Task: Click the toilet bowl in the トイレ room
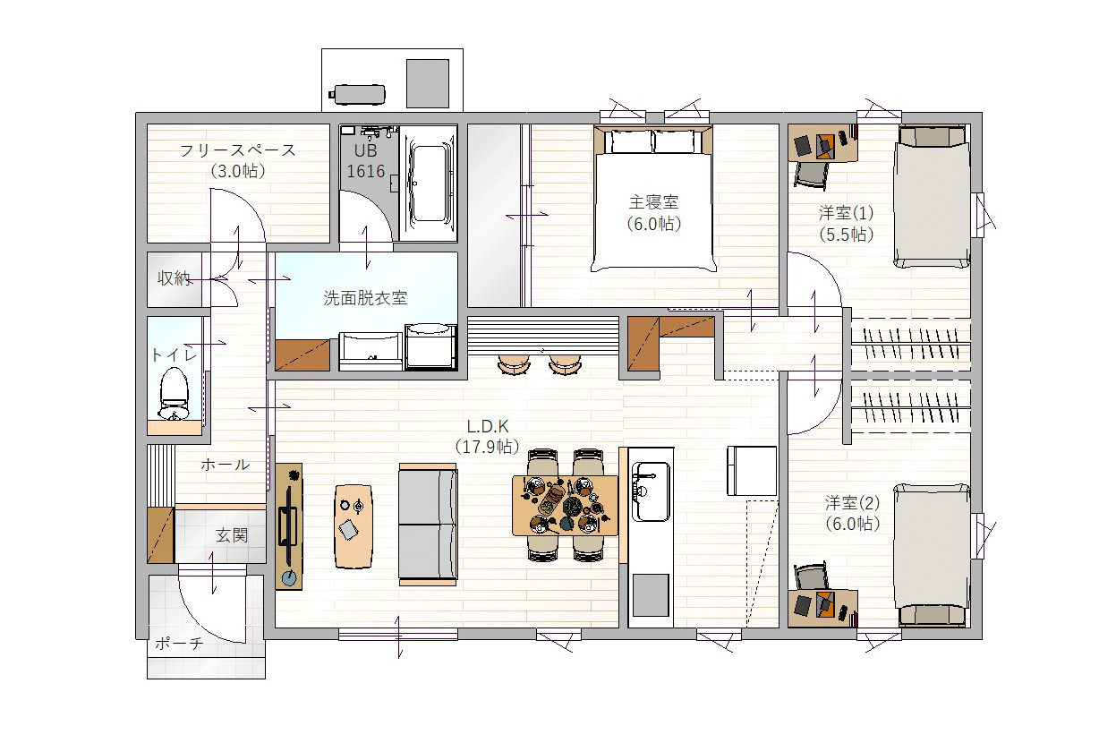(174, 394)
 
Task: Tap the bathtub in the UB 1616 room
(429, 184)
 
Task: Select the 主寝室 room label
(653, 202)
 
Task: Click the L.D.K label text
(488, 427)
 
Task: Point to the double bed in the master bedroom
(653, 200)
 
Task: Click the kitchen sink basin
(650, 491)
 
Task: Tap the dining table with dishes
(565, 505)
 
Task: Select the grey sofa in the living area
(428, 525)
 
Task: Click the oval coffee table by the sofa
(354, 526)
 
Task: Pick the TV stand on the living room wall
(289, 526)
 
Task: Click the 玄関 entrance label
(232, 535)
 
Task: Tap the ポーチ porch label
(179, 644)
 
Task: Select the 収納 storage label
(174, 278)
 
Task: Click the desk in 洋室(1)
(822, 143)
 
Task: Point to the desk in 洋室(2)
(822, 609)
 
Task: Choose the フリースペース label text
(238, 150)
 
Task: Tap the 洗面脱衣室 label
(365, 298)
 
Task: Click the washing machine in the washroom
(430, 346)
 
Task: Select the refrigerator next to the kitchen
(752, 471)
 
